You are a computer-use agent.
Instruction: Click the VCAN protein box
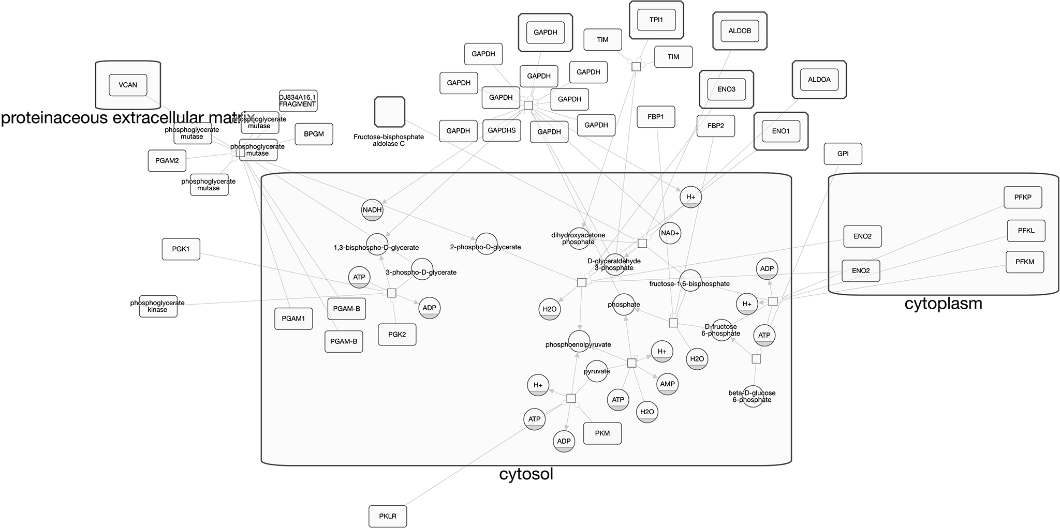(x=128, y=85)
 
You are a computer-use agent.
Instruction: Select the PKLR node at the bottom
(x=388, y=516)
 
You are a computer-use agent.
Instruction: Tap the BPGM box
(x=314, y=134)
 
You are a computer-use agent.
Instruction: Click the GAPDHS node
(x=502, y=130)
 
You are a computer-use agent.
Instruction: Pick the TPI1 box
(x=656, y=20)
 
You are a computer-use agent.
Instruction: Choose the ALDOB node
(x=740, y=31)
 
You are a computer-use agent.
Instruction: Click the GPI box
(x=843, y=154)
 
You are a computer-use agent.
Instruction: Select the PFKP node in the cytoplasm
(x=1023, y=197)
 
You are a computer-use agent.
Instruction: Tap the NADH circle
(x=372, y=209)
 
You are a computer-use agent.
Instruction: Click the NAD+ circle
(x=670, y=233)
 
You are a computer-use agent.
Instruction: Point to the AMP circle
(x=667, y=384)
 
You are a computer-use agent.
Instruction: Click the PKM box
(x=602, y=433)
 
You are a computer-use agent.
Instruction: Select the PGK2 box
(x=397, y=335)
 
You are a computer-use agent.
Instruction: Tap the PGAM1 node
(x=293, y=319)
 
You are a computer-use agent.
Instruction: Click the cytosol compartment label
(x=526, y=474)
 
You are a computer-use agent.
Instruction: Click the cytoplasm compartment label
(x=943, y=304)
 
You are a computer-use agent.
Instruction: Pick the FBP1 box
(x=655, y=117)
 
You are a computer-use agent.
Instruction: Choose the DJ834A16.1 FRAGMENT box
(x=298, y=101)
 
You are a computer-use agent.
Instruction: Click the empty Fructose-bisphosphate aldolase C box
(x=389, y=112)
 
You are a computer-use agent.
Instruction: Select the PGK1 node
(x=181, y=249)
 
